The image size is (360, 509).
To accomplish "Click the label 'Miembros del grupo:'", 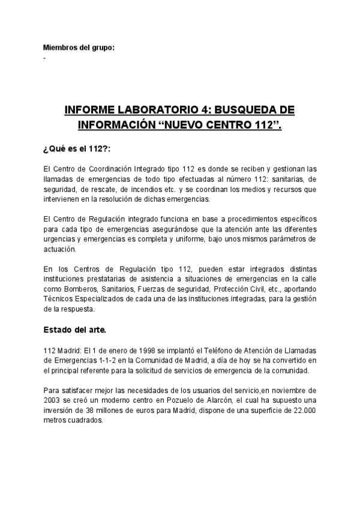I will [x=79, y=47].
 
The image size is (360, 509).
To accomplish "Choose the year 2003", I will [x=52, y=400].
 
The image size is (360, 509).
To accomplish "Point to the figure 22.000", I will [x=304, y=411].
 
